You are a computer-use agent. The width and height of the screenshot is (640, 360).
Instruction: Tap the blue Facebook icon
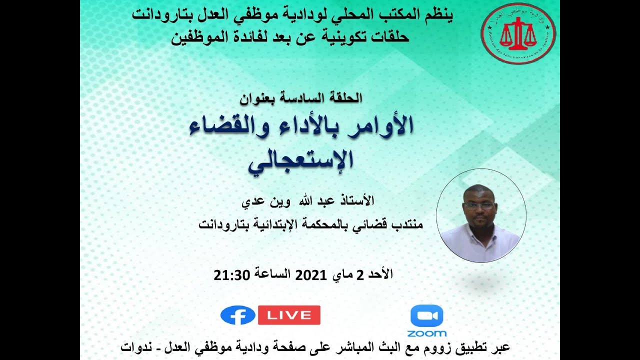pyautogui.click(x=237, y=315)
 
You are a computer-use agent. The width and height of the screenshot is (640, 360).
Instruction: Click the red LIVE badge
pyautogui.click(x=289, y=315)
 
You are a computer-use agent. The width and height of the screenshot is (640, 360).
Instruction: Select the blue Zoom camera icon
pyautogui.click(x=426, y=316)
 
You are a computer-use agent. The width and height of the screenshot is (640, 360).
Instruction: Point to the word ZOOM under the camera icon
pyautogui.click(x=426, y=333)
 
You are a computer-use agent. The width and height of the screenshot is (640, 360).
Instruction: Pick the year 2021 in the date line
pyautogui.click(x=310, y=274)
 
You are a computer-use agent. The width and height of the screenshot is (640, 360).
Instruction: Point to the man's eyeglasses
pyautogui.click(x=478, y=205)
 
